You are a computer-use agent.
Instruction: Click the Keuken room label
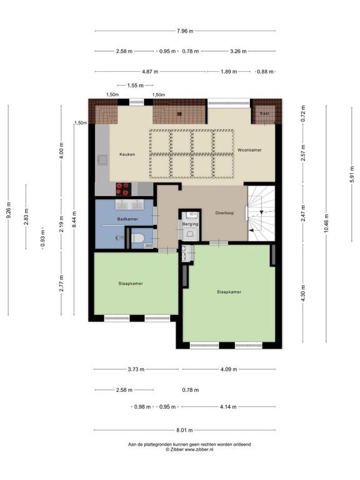coord(127,154)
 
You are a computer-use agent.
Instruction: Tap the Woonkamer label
coord(249,151)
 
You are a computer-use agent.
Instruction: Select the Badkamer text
coord(127,219)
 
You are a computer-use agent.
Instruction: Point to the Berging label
coord(190,223)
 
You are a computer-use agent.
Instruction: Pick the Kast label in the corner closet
coord(264,113)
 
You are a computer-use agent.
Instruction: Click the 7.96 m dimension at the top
coord(185,30)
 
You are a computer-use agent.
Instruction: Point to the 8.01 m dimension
coord(184,430)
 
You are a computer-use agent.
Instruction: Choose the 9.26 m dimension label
coord(9,211)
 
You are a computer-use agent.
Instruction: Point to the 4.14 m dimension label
coord(229,407)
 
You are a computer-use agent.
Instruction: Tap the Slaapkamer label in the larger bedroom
coord(229,292)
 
